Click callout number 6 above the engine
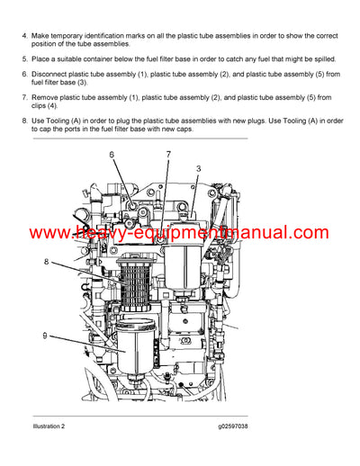(112, 156)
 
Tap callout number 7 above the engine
(167, 156)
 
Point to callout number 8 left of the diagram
(46, 263)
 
